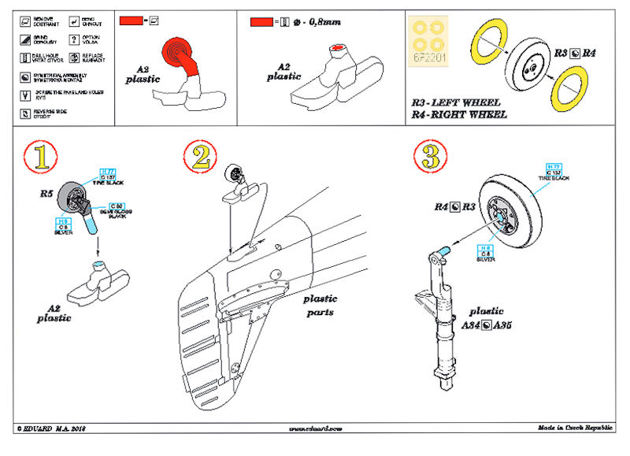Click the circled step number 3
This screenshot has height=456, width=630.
[428, 156]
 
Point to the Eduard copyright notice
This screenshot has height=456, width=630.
[49, 429]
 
